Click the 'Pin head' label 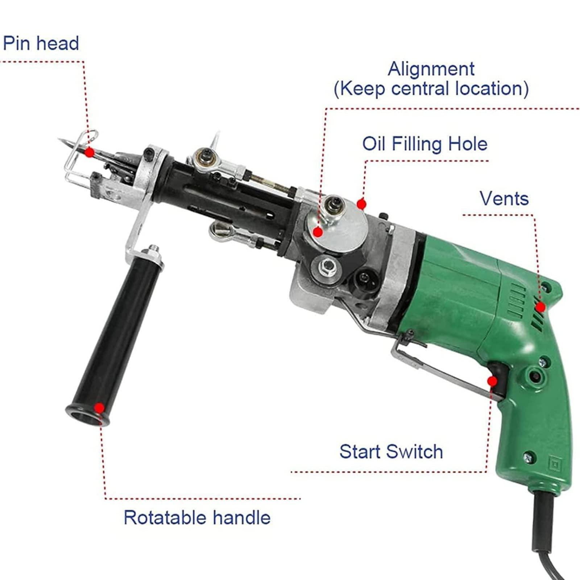click(x=41, y=43)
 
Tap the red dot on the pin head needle click(x=89, y=152)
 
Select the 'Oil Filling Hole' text click(x=425, y=144)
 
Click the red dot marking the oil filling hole click(x=360, y=204)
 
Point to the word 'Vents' click(x=504, y=198)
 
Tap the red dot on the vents click(x=540, y=307)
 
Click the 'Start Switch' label click(x=391, y=452)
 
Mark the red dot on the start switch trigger click(x=492, y=381)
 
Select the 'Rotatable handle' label click(x=197, y=517)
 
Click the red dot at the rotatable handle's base click(x=99, y=408)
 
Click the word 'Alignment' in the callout click(x=431, y=69)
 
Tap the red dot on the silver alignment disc click(x=318, y=232)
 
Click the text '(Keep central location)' click(x=431, y=89)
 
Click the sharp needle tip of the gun click(x=60, y=139)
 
